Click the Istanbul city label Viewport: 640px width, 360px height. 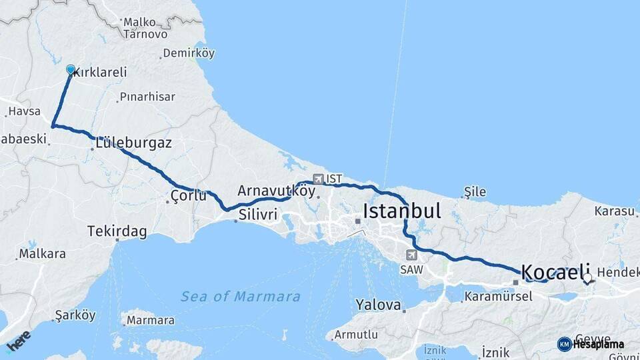pos(401,211)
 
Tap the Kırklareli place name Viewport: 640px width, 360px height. pos(101,72)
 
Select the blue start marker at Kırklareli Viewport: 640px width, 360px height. pos(71,69)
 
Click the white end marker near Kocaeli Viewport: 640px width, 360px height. pos(587,278)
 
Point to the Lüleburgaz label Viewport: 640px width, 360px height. pos(133,143)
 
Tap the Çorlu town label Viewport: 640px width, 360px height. pos(189,196)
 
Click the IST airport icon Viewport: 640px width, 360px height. pos(318,179)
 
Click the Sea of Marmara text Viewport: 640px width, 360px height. pos(240,296)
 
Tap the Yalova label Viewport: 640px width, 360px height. pos(378,305)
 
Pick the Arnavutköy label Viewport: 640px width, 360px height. pos(276,191)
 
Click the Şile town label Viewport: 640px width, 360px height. pos(475,192)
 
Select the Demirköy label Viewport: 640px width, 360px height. pos(189,53)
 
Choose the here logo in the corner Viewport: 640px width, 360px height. pos(19,343)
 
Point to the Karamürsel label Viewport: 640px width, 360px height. pos(497,295)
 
